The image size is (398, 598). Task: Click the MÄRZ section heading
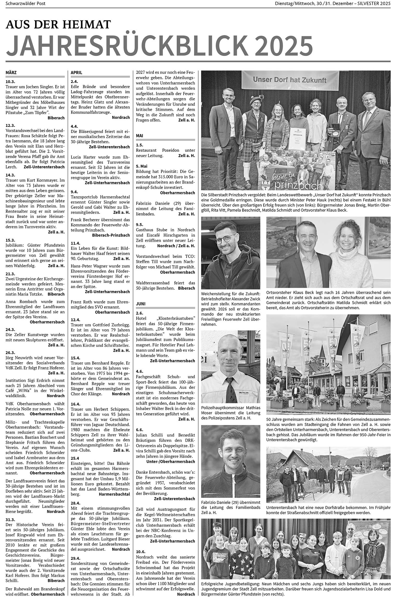click(11, 73)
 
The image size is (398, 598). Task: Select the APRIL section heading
click(76, 73)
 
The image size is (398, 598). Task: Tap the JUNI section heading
click(141, 304)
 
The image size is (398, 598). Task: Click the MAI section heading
click(140, 136)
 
